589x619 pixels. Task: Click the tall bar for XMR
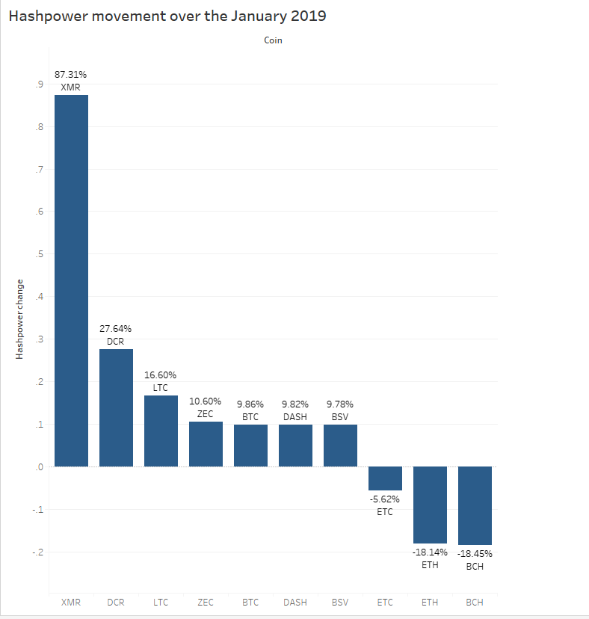(x=71, y=280)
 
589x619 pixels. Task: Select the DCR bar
(x=116, y=407)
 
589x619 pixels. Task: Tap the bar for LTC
(x=161, y=431)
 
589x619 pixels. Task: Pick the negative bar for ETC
(x=385, y=478)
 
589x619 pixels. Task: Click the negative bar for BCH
(x=475, y=505)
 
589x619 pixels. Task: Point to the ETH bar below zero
(x=430, y=505)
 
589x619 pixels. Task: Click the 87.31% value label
(x=71, y=75)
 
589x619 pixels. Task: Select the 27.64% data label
(x=116, y=328)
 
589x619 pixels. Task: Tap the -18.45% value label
(x=475, y=554)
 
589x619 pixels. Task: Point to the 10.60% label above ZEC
(x=206, y=401)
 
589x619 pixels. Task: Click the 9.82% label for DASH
(x=295, y=404)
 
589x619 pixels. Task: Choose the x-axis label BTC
(x=250, y=602)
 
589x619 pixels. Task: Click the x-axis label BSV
(x=340, y=602)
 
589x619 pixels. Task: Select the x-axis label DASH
(x=295, y=602)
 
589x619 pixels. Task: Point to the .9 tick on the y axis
(x=37, y=85)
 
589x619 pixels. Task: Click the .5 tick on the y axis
(x=37, y=255)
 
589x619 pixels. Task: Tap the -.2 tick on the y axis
(x=36, y=552)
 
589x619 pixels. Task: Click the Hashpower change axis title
(x=20, y=319)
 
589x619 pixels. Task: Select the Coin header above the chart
(x=273, y=40)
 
